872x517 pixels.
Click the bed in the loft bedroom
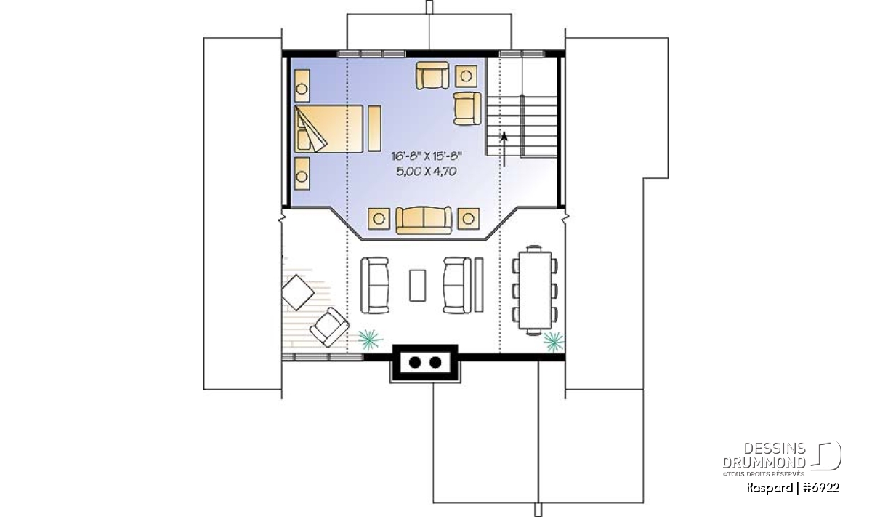pyautogui.click(x=328, y=129)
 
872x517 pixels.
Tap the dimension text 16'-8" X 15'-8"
pyautogui.click(x=427, y=156)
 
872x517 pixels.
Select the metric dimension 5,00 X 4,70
pyautogui.click(x=427, y=171)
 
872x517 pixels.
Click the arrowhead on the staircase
pyautogui.click(x=504, y=137)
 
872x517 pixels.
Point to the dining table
pyautogui.click(x=536, y=291)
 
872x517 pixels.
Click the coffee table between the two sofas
pyautogui.click(x=417, y=286)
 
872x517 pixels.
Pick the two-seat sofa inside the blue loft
pyautogui.click(x=424, y=220)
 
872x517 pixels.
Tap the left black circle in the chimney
pyautogui.click(x=415, y=362)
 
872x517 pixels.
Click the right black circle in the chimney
pyautogui.click(x=435, y=362)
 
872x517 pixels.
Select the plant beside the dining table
pyautogui.click(x=554, y=342)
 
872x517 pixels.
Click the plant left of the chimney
pyautogui.click(x=370, y=340)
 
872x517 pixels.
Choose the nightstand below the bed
pyautogui.click(x=302, y=173)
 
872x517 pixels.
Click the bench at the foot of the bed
pyautogui.click(x=374, y=129)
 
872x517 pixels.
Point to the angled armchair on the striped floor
pyautogui.click(x=329, y=327)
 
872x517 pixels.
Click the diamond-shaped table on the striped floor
pyautogui.click(x=298, y=292)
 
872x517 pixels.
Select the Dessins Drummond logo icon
pyautogui.click(x=826, y=455)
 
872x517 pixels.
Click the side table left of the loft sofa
pyautogui.click(x=379, y=219)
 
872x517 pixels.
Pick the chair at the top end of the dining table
pyautogui.click(x=534, y=248)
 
